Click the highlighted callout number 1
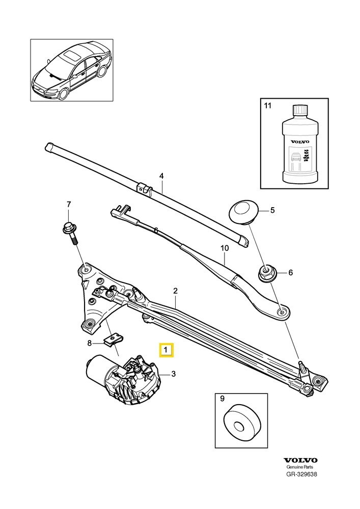coord(167,351)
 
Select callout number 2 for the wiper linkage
coord(175,291)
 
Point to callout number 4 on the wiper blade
coord(161,176)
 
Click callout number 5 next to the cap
coord(272,210)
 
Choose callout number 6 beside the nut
coord(290,273)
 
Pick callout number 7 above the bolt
coord(69,205)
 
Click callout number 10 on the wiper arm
coord(225,248)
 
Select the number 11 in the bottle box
coord(267,106)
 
